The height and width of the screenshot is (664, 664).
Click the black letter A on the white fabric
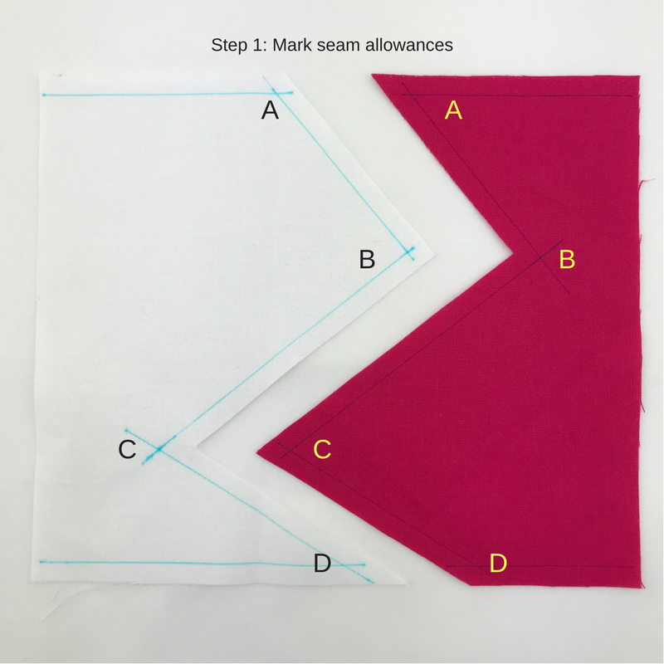click(x=270, y=110)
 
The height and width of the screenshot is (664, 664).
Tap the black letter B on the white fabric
click(x=367, y=259)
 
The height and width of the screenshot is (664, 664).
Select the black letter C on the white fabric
click(x=127, y=449)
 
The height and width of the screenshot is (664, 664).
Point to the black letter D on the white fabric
click(x=322, y=564)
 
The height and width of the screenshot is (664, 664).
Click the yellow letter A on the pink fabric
click(x=453, y=110)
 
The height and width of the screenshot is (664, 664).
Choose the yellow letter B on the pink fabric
click(x=567, y=259)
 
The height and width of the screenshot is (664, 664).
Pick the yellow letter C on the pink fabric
click(x=322, y=449)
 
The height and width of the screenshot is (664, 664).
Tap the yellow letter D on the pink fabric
click(x=498, y=564)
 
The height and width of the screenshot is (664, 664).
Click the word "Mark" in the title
click(x=291, y=45)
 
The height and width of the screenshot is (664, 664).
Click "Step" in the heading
click(x=229, y=46)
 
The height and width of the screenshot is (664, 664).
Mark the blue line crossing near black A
click(x=275, y=92)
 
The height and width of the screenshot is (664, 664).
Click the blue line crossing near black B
click(x=408, y=252)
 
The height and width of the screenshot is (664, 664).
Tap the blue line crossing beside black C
click(x=159, y=448)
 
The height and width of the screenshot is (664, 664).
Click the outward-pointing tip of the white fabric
click(x=434, y=256)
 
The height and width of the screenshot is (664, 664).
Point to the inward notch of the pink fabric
click(x=514, y=254)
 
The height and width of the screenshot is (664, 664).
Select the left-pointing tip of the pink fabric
click(x=256, y=453)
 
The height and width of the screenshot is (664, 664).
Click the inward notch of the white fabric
click(x=197, y=446)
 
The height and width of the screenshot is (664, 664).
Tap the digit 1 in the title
click(x=256, y=45)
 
